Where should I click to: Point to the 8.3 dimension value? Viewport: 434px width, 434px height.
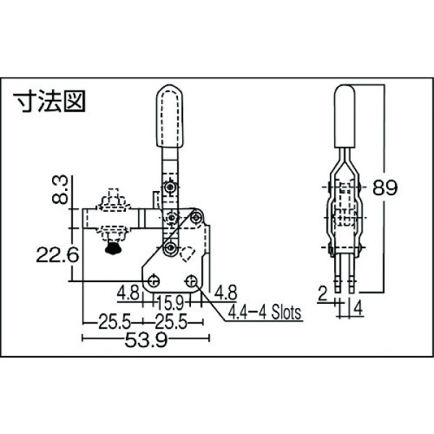[63, 190]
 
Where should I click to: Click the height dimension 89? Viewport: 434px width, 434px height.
[386, 190]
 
